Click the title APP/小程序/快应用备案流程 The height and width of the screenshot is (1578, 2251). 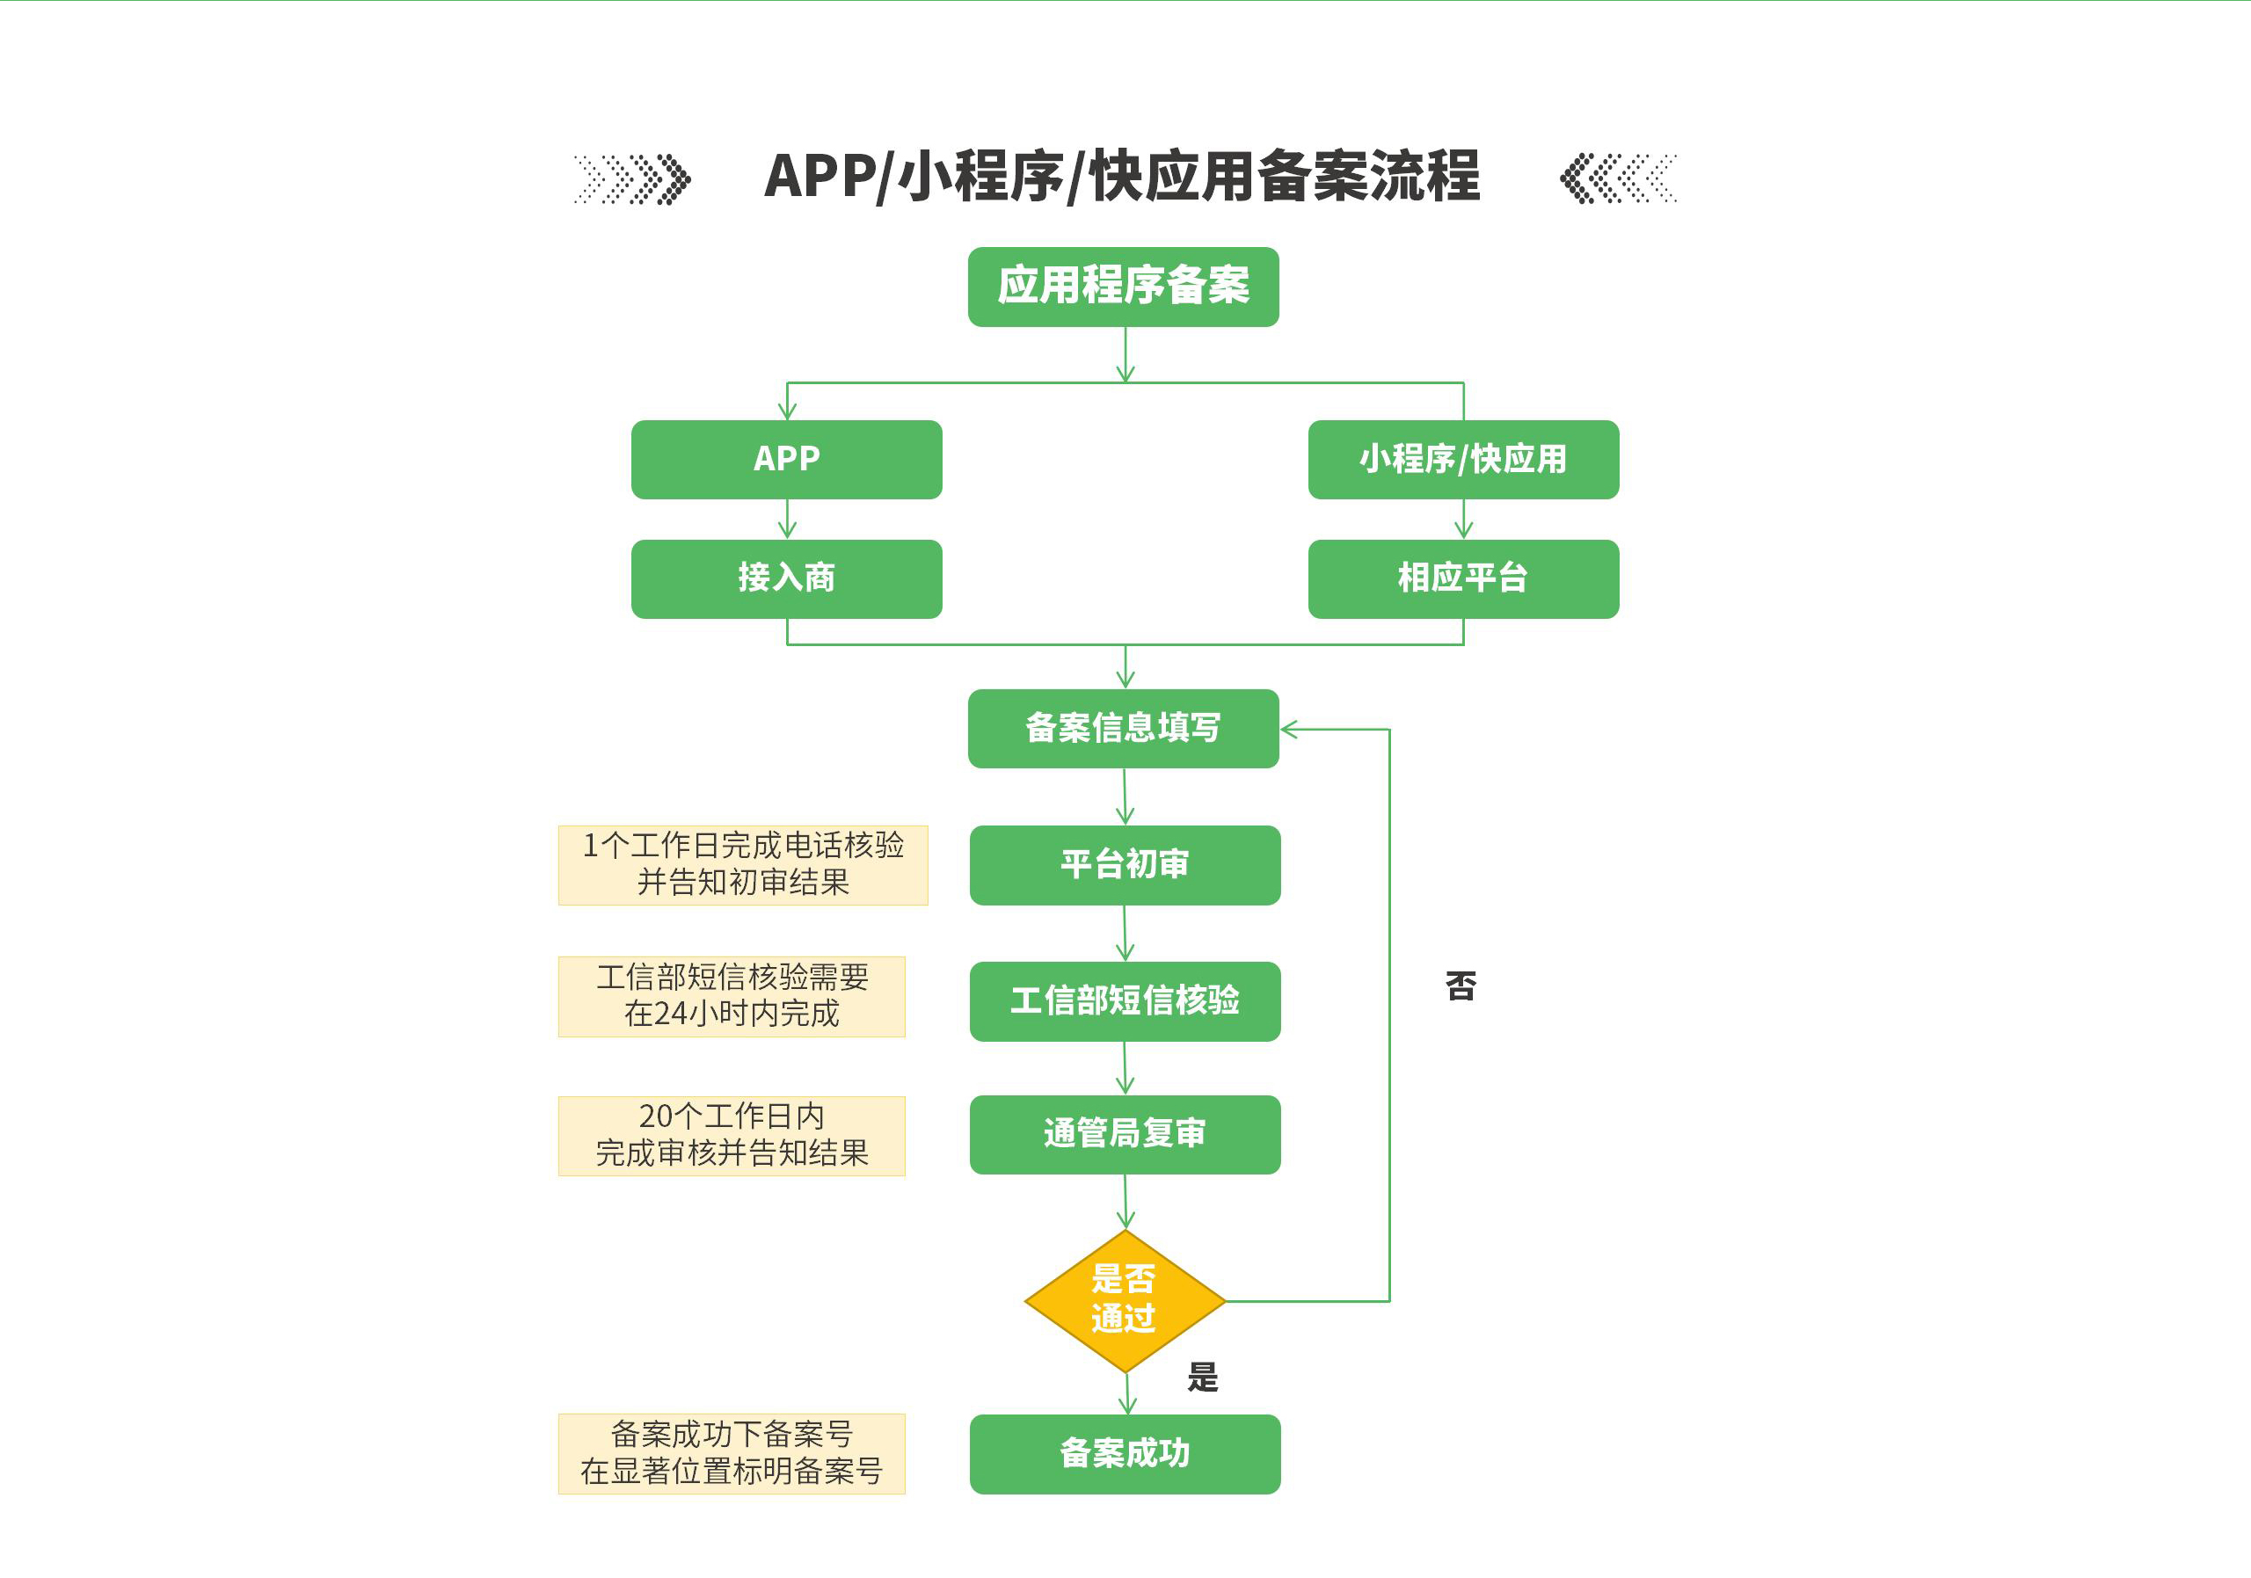1122,177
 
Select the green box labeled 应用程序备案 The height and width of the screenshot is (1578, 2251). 1123,287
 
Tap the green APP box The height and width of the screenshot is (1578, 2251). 786,459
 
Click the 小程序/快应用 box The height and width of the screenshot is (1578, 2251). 1463,459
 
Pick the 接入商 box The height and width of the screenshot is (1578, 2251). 786,578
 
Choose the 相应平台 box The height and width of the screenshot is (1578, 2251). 1463,578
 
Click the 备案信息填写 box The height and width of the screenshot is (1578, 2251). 1123,728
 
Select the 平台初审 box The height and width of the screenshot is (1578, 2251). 1125,864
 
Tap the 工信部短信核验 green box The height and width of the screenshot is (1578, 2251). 1125,1000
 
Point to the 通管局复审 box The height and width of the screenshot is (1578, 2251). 1125,1134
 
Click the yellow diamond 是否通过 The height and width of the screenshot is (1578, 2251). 1125,1300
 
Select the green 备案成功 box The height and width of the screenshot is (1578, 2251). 1125,1453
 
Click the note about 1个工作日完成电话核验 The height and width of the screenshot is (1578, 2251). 742,864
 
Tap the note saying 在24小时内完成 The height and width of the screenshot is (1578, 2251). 732,996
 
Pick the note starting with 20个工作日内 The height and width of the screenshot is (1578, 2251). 732,1135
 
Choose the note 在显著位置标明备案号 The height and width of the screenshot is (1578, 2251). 732,1453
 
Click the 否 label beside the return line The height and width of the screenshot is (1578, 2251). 1461,986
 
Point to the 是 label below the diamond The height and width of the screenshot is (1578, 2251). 1203,1377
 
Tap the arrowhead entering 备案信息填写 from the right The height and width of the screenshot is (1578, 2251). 1288,729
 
